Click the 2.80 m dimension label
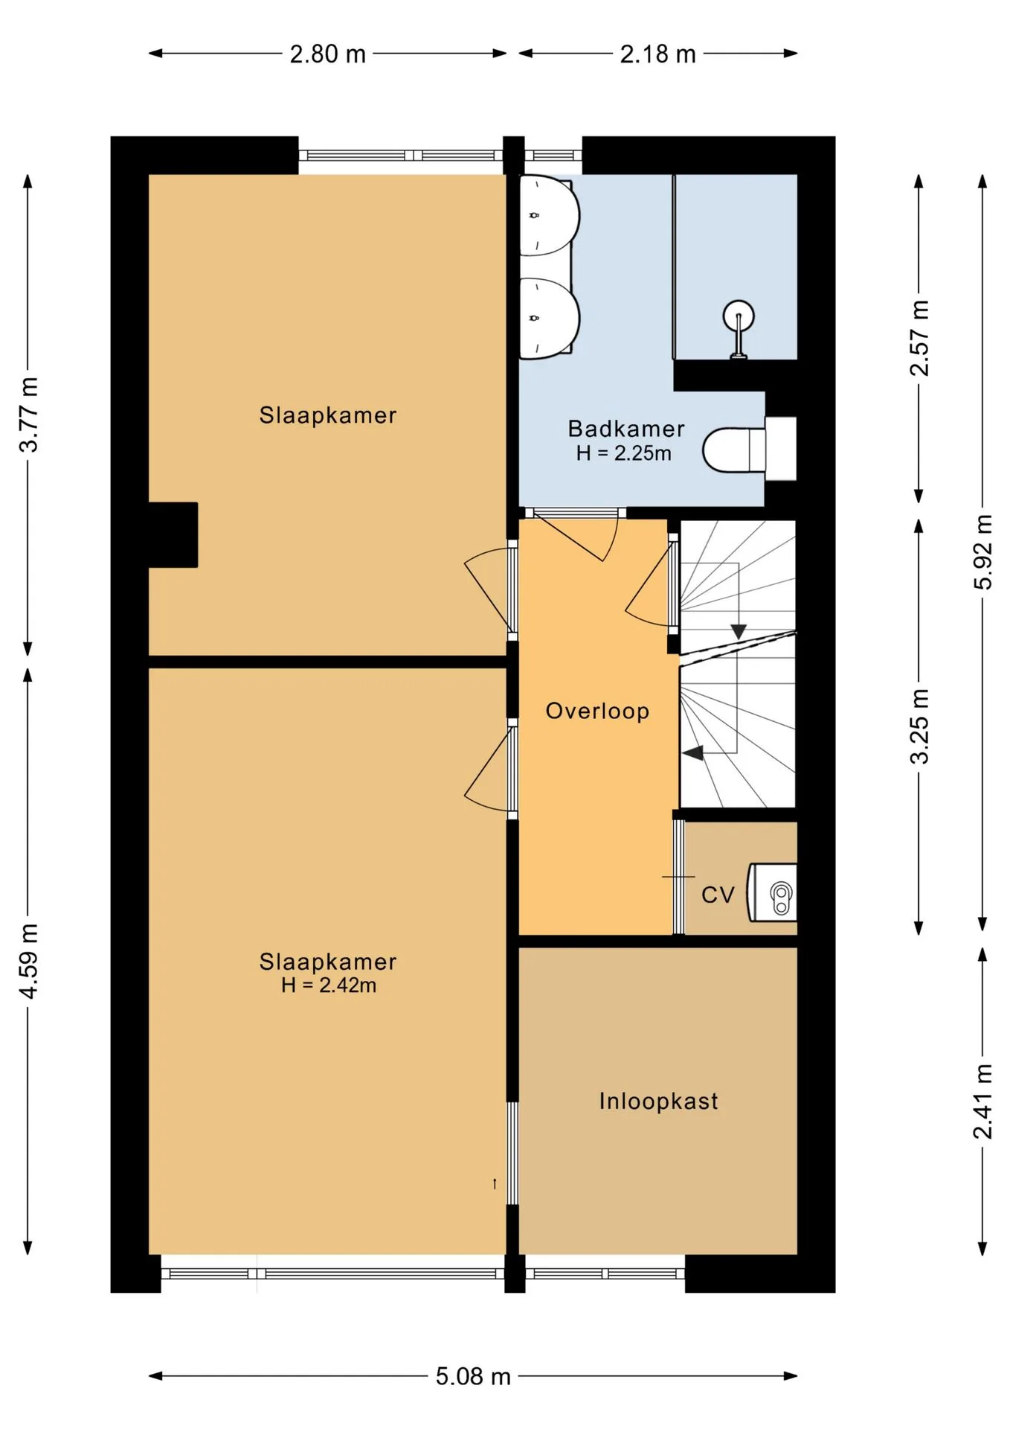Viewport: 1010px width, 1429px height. click(328, 54)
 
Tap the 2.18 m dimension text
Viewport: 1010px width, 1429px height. click(658, 54)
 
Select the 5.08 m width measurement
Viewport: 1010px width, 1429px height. click(473, 1376)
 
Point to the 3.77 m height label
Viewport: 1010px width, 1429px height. click(29, 415)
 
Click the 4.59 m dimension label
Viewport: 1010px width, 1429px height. click(29, 961)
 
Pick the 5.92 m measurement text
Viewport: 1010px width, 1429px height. click(983, 552)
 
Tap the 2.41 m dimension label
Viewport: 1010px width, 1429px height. click(983, 1101)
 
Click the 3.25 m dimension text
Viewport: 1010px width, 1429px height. click(920, 726)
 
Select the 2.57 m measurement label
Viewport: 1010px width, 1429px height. click(920, 338)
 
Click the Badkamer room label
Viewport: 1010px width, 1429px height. click(626, 429)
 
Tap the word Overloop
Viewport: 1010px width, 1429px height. click(597, 711)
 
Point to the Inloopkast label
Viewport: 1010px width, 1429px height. click(658, 1101)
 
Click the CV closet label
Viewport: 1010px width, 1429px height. click(718, 895)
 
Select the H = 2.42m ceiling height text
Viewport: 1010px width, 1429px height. click(328, 985)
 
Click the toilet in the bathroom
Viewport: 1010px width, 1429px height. click(749, 449)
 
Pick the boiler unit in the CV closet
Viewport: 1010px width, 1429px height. click(772, 892)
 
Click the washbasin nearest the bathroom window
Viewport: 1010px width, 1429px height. click(549, 216)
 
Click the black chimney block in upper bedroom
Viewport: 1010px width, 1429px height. click(173, 534)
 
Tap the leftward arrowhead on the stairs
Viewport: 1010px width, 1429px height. click(693, 753)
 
